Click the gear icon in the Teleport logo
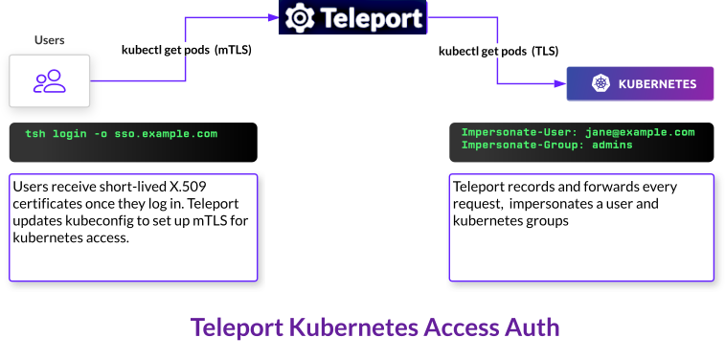[300, 17]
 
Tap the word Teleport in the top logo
[372, 17]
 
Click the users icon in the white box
[50, 81]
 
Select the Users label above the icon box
[50, 40]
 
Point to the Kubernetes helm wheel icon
[600, 83]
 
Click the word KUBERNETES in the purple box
[657, 84]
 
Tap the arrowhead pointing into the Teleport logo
[274, 17]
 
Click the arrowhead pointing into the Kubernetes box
[561, 83]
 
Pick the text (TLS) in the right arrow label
[545, 52]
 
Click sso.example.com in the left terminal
[166, 134]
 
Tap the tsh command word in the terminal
[35, 134]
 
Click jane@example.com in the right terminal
[640, 133]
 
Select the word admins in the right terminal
[612, 145]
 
